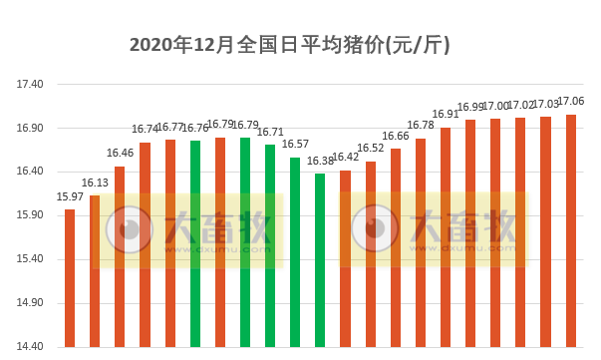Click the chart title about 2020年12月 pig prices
tap(290, 44)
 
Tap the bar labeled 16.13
tap(95, 270)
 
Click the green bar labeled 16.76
tap(195, 243)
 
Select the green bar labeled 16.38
tap(320, 259)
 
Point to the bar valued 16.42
tap(345, 258)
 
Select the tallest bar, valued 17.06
tap(571, 230)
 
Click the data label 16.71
tap(270, 132)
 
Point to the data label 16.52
tap(371, 149)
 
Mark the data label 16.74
tap(145, 130)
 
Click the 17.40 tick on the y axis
tap(30, 85)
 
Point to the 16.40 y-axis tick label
tap(30, 173)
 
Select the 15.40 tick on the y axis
tap(30, 259)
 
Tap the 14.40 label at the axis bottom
tap(30, 347)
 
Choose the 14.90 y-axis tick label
tap(30, 303)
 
